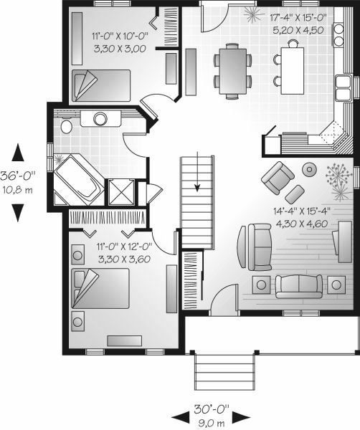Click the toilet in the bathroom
pos(67,126)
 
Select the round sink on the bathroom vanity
pos(100,119)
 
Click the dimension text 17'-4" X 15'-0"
pos(298,18)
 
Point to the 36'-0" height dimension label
pos(18,176)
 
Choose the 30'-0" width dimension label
pos(212,409)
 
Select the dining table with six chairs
pos(232,71)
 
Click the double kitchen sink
pos(344,87)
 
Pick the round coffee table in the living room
pos(310,170)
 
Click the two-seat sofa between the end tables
pos(299,287)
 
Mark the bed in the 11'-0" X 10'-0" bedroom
pos(101,85)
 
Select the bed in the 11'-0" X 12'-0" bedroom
pos(100,288)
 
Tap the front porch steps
pos(224,372)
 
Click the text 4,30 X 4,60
pos(302,224)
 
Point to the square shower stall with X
pos(122,192)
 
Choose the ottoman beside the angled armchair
pos(295,194)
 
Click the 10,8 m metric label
pos(17,190)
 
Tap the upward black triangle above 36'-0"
pos(18,153)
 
